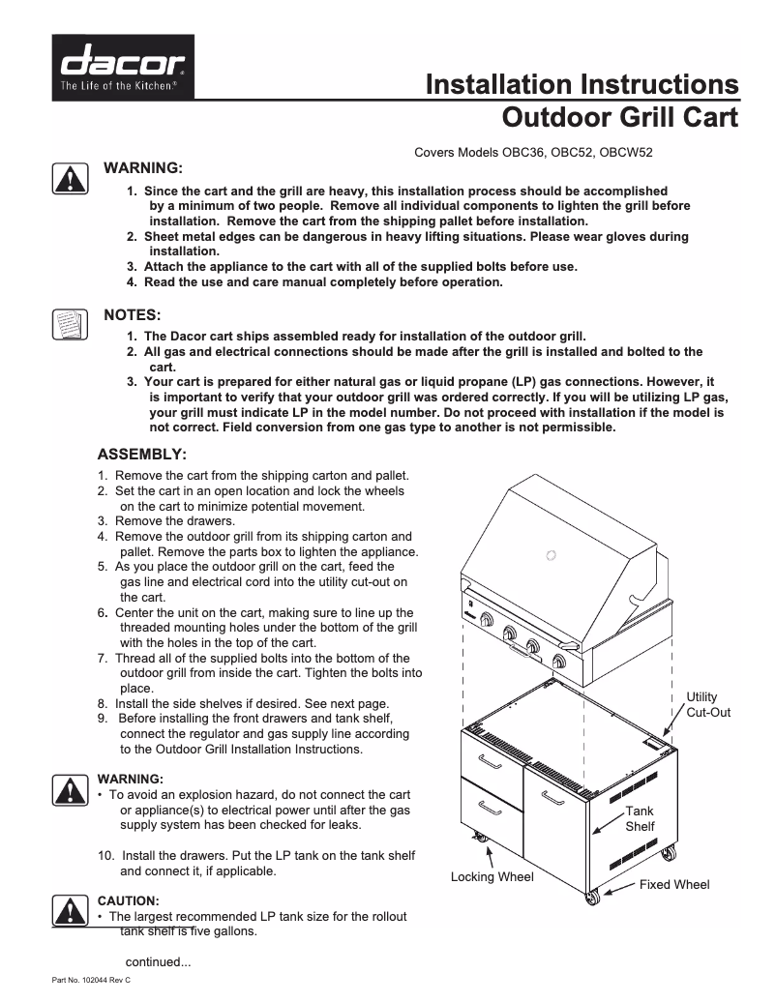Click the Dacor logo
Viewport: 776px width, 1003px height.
tap(124, 68)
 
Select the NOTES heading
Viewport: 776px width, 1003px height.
tap(133, 314)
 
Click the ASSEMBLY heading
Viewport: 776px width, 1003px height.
tap(142, 454)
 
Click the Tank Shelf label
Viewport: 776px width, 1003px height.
tap(640, 819)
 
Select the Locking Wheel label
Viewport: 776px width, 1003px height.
tap(492, 877)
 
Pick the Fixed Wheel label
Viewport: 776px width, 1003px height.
tap(674, 884)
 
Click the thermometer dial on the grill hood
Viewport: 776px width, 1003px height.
tap(552, 555)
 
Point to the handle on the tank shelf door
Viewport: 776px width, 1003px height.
tap(553, 797)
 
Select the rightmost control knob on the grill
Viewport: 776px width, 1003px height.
tap(557, 661)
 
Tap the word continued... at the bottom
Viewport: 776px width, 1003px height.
tap(160, 961)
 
